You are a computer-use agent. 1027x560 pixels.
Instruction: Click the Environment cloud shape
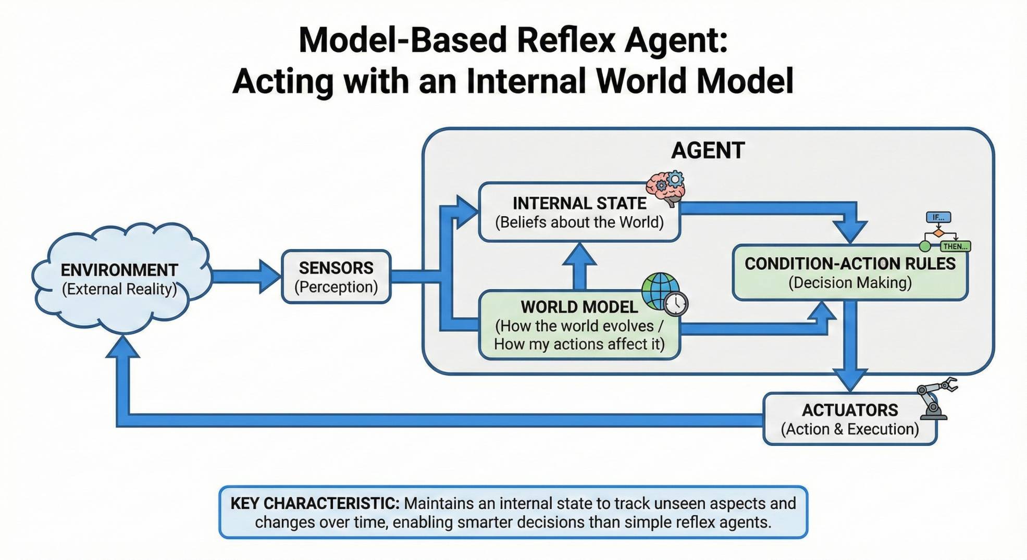click(120, 279)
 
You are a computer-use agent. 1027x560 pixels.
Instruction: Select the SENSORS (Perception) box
click(336, 277)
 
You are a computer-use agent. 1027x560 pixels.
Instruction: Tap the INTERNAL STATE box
click(579, 213)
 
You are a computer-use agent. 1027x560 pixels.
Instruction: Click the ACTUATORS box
click(849, 419)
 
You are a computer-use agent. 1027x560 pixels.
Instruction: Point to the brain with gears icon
click(665, 188)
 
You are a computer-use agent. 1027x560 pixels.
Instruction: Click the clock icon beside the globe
click(676, 304)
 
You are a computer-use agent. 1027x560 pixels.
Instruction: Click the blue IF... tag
click(938, 217)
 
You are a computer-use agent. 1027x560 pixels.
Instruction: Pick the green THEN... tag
click(955, 246)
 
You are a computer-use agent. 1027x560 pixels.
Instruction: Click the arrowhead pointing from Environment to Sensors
click(270, 277)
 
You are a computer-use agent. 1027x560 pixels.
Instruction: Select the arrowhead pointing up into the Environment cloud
click(122, 347)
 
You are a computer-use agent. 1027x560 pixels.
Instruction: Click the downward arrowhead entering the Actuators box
click(850, 379)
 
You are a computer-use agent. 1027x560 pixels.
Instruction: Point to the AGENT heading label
click(708, 151)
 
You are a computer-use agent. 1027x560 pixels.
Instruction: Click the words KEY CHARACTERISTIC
click(315, 504)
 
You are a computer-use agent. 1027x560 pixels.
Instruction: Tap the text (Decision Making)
click(850, 283)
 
